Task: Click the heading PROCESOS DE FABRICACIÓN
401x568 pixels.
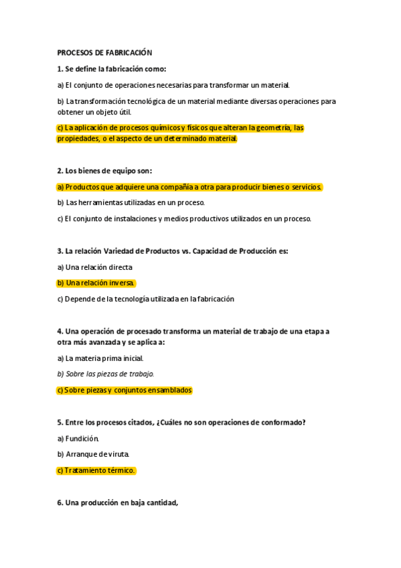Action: pos(104,52)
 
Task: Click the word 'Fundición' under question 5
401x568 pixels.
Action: pos(82,439)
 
